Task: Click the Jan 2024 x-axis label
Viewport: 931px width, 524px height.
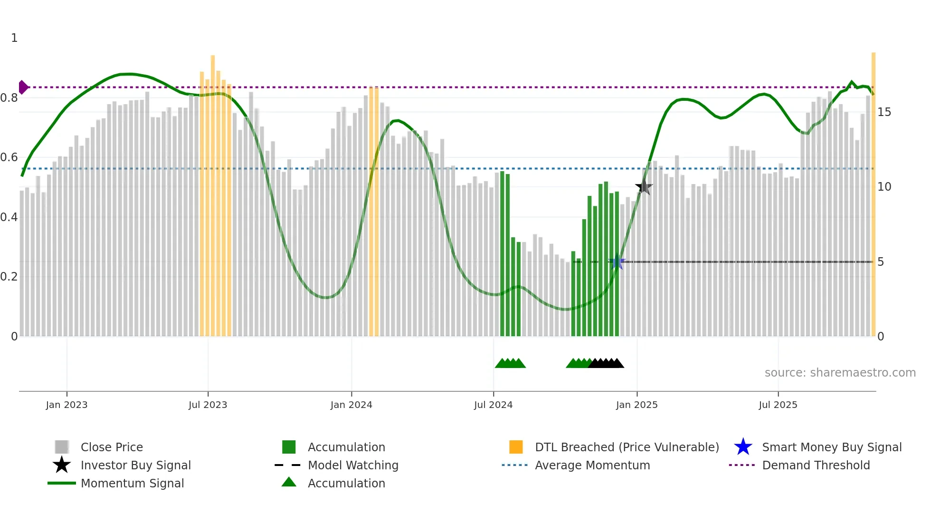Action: pos(351,405)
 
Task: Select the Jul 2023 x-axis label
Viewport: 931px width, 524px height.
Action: pos(208,405)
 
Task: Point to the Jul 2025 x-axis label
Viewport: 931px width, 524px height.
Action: pos(778,405)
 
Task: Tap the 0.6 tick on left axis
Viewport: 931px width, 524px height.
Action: pos(9,157)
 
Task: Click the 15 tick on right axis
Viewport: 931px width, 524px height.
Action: pos(884,112)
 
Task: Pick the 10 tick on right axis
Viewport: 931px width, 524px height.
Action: pos(884,187)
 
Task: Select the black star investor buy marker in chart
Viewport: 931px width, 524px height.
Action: pos(644,187)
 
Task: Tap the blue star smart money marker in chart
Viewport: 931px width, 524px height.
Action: pos(617,262)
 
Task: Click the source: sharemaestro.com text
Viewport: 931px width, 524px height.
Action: pos(840,373)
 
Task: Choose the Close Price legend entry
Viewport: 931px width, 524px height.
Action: pos(112,447)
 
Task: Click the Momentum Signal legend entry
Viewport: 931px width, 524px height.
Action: pos(132,483)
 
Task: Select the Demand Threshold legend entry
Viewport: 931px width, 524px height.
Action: pos(816,465)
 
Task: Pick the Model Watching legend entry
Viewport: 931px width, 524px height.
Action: pos(353,465)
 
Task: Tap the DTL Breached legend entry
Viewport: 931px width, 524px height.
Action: pos(627,447)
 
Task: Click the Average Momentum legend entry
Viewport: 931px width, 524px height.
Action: pos(592,465)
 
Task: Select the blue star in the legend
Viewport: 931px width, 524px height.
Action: pos(743,447)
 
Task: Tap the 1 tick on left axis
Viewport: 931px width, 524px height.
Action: pos(14,38)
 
